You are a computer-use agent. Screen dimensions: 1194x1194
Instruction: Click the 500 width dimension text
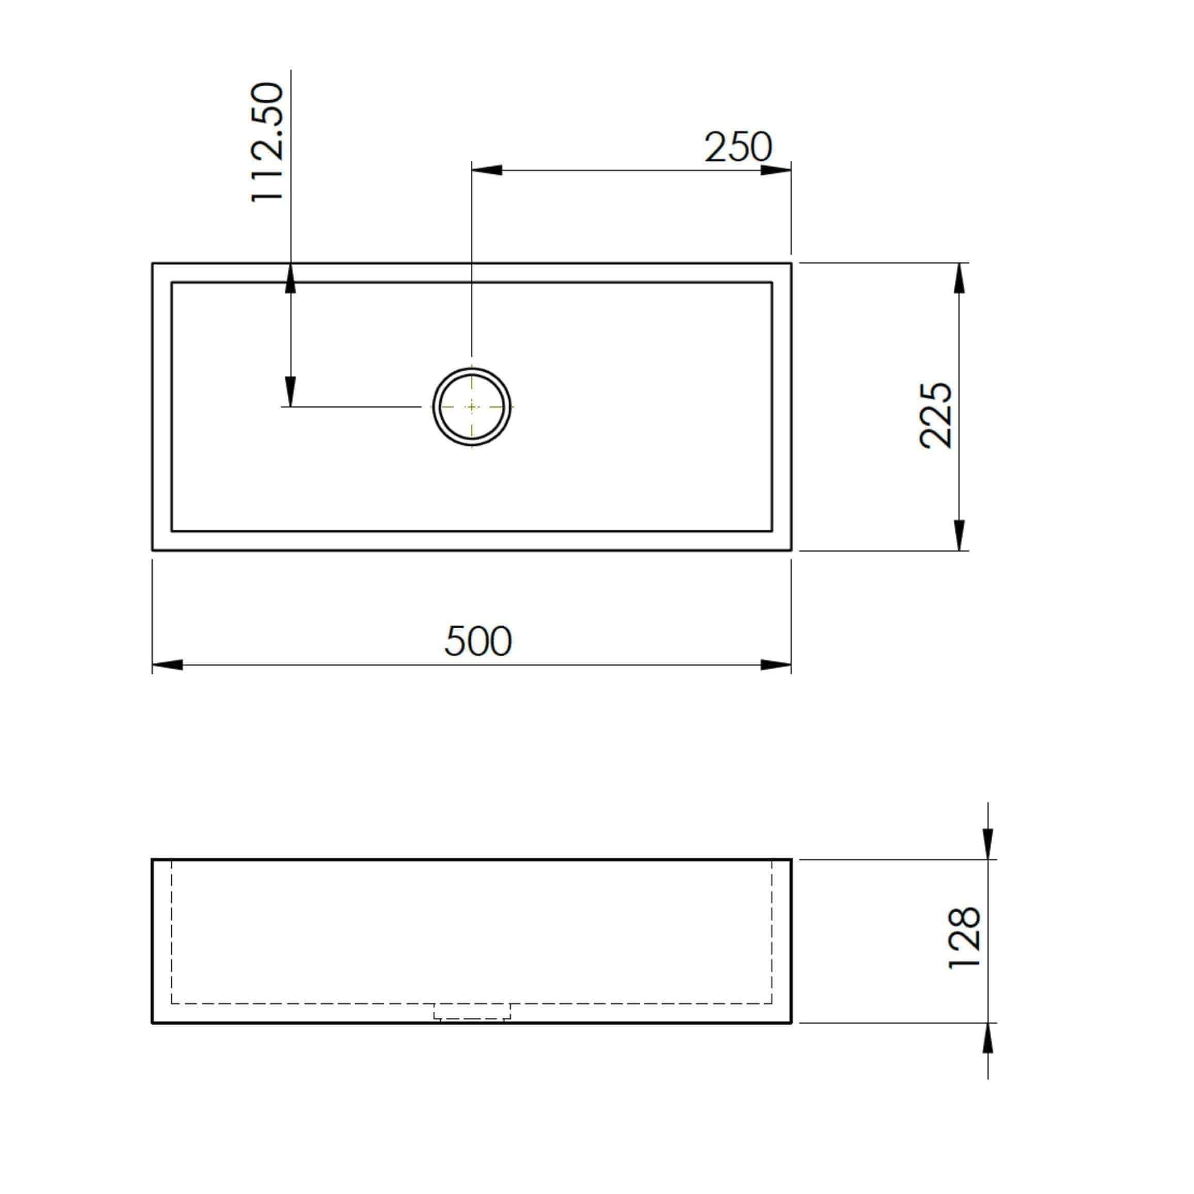[477, 641]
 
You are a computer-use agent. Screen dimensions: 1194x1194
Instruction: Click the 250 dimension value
[738, 147]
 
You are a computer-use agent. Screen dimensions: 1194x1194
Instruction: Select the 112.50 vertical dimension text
[267, 142]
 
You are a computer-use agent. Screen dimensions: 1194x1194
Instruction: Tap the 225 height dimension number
[935, 416]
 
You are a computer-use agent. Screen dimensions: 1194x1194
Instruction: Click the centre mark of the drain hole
[471, 407]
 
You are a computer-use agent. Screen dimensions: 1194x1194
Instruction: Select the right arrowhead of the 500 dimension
[775, 665]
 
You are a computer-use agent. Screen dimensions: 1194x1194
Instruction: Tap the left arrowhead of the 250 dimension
[487, 170]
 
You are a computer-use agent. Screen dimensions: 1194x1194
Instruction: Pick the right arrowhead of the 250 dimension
[775, 170]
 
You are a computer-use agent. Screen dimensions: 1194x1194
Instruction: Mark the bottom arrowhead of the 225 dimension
[959, 535]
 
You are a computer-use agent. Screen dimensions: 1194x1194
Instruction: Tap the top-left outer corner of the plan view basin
[153, 263]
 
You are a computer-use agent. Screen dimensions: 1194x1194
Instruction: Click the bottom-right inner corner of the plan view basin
[772, 530]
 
